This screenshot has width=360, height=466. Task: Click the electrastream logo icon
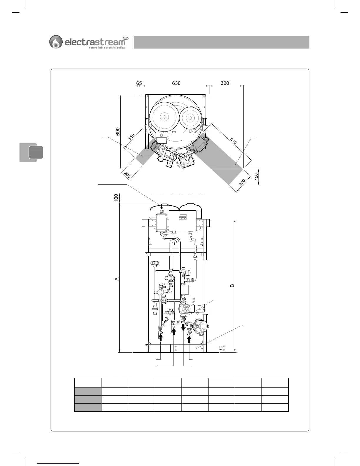(x=56, y=41)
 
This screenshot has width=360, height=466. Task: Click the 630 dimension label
(x=176, y=83)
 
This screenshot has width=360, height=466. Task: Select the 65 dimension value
(x=139, y=83)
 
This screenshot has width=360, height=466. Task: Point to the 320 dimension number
(x=225, y=83)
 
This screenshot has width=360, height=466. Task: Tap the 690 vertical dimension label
(x=118, y=132)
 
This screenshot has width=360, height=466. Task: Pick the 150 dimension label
(x=256, y=177)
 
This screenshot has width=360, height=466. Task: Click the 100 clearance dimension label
(x=116, y=198)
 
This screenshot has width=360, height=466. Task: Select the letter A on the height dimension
(x=117, y=279)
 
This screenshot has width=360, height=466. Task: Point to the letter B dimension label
(x=232, y=285)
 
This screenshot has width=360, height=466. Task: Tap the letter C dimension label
(x=221, y=348)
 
